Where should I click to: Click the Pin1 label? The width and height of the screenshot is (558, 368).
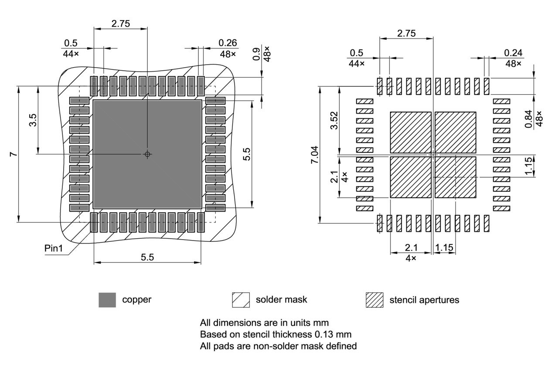(x=54, y=248)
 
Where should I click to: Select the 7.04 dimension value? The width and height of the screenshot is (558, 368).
(x=315, y=155)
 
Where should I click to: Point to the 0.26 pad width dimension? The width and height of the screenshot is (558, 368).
(x=228, y=42)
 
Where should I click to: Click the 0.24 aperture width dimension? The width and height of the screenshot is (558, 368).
(x=513, y=52)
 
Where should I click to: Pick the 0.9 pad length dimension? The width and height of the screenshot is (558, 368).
(x=256, y=54)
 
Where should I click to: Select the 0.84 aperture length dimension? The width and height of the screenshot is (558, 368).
(x=528, y=119)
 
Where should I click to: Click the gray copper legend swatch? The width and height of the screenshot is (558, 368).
(x=107, y=300)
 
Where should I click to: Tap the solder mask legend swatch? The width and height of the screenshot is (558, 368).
(x=241, y=300)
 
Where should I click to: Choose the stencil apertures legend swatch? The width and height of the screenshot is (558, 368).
(x=374, y=300)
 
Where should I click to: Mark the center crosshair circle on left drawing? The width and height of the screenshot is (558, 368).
(x=147, y=154)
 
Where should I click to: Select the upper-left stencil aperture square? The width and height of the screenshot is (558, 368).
(x=410, y=132)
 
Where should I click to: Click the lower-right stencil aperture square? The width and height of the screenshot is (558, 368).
(x=455, y=177)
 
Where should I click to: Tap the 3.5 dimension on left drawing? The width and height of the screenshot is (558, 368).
(x=33, y=120)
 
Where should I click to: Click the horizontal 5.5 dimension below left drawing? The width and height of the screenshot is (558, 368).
(x=147, y=258)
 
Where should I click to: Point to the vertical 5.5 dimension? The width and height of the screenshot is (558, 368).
(x=247, y=154)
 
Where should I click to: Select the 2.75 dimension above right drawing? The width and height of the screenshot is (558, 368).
(x=406, y=33)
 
